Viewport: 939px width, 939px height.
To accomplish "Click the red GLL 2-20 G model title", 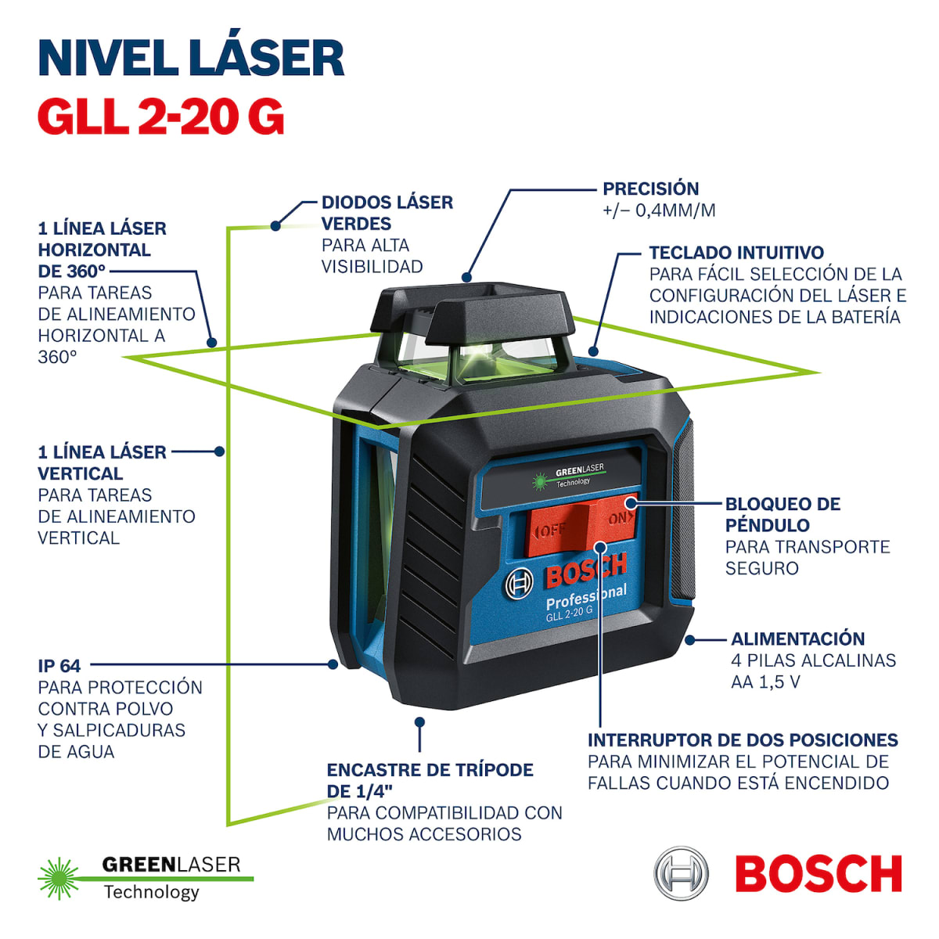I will (160, 117).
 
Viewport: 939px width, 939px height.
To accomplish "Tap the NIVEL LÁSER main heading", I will (191, 57).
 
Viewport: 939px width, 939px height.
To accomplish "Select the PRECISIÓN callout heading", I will (650, 189).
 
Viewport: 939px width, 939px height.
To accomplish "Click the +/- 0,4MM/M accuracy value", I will (658, 210).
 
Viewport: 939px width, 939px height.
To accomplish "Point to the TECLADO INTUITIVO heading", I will (736, 253).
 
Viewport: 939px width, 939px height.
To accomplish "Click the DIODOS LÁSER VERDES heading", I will (387, 213).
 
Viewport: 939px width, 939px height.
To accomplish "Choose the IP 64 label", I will (59, 666).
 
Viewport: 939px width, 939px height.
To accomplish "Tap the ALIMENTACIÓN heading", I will (797, 639).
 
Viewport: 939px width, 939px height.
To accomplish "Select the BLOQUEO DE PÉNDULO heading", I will (782, 514).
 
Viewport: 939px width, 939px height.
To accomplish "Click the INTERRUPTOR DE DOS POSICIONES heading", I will (742, 740).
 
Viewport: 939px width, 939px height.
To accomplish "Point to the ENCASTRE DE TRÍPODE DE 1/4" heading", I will (430, 780).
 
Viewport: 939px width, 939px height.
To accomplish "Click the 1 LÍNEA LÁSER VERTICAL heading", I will (102, 462).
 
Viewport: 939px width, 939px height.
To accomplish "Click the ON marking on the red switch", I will (618, 518).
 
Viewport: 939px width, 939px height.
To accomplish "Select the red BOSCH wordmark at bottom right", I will (818, 874).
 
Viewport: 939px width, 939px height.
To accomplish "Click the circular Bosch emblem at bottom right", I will (681, 873).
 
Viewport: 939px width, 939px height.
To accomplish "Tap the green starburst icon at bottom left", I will (59, 878).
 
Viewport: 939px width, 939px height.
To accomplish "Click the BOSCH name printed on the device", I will (585, 573).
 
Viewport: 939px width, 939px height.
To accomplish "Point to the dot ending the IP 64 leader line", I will (333, 664).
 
